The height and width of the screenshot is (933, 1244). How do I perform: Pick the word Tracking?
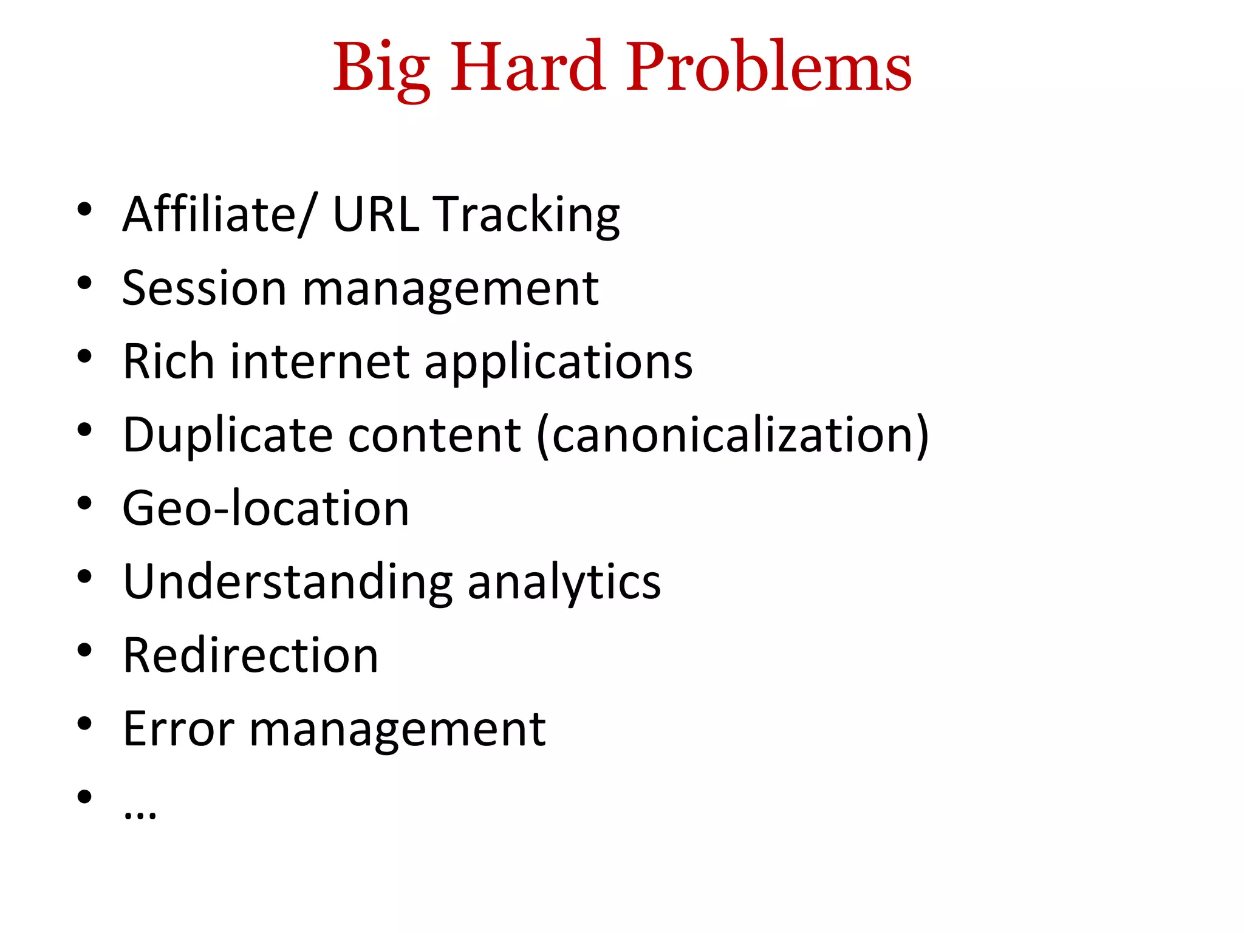[527, 215]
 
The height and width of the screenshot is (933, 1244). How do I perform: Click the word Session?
[204, 288]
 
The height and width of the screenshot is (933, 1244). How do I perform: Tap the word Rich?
[168, 361]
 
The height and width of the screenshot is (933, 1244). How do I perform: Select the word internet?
[320, 361]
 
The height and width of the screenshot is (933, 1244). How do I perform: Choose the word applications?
[558, 363]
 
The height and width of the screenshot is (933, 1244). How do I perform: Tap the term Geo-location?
[265, 508]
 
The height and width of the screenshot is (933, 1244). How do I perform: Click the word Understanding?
[287, 582]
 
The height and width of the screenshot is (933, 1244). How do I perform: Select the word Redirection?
[250, 655]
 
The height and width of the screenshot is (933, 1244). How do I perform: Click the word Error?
[178, 729]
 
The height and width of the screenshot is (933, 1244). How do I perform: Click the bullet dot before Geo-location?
[84, 504]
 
